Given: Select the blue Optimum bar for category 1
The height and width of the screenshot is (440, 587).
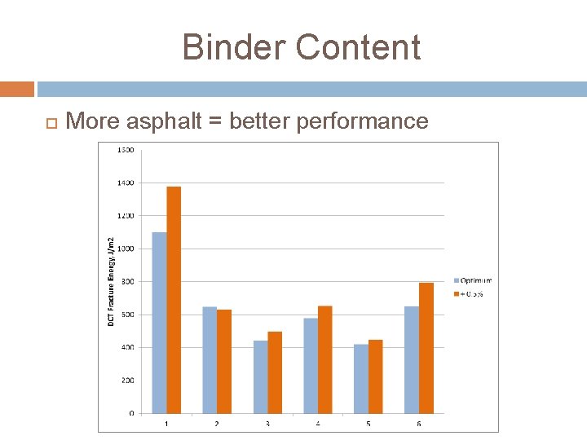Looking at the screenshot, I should click(159, 323).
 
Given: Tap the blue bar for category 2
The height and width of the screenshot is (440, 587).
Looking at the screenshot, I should click(210, 359).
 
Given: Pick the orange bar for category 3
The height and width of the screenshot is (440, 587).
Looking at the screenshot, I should click(275, 372).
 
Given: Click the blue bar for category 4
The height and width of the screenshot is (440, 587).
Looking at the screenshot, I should click(311, 365).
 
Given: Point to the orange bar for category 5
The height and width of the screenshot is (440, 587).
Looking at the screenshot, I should click(376, 376).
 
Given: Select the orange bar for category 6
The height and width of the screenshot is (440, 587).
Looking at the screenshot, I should click(426, 348).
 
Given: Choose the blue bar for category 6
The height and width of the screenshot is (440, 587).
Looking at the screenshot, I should click(412, 359).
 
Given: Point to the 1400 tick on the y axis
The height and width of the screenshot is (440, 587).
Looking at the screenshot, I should click(126, 183).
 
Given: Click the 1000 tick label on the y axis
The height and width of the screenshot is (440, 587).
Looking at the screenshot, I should click(126, 249).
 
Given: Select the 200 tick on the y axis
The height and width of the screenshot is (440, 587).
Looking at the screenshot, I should click(127, 381).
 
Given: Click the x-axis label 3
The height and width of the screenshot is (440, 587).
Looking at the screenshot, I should click(267, 423).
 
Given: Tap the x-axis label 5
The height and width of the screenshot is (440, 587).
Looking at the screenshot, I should click(369, 423).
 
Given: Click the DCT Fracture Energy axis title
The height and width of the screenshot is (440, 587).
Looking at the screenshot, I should click(112, 281).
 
